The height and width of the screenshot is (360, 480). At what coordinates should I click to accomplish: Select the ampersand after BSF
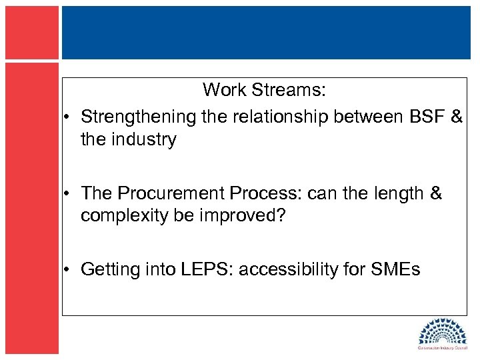[457, 117]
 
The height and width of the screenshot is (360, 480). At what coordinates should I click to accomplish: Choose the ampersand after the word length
[435, 193]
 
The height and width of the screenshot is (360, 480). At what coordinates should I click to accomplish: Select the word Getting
[109, 269]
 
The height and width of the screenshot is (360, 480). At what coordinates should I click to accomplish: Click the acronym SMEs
[396, 269]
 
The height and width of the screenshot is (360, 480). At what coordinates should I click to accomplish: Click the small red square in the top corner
[32, 32]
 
